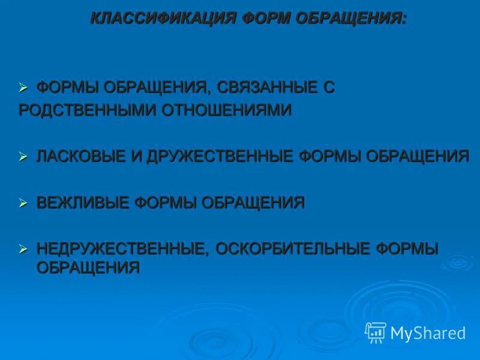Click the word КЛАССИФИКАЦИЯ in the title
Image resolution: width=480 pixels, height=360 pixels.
(163, 18)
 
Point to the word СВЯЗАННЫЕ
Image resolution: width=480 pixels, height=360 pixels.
(267, 88)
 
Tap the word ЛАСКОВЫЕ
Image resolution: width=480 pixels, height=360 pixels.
(81, 157)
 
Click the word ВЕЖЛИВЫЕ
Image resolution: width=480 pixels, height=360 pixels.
(82, 203)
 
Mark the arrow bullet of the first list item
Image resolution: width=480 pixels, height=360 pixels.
(24, 88)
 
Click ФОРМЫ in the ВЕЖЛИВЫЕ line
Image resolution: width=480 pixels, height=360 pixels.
(166, 203)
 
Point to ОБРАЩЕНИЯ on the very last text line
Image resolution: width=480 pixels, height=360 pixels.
(88, 268)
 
